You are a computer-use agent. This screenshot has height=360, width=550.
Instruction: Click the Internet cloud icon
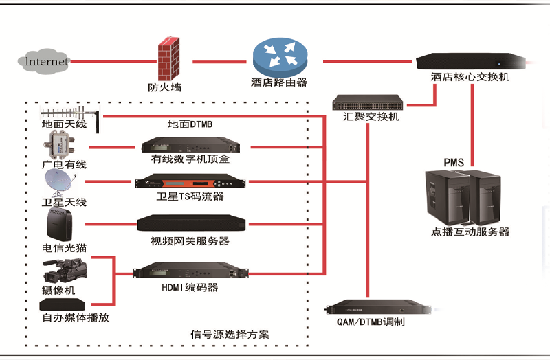(x=45, y=61)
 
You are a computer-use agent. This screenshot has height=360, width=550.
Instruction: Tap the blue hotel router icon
(x=278, y=56)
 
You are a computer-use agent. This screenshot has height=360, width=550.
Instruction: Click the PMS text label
(x=454, y=162)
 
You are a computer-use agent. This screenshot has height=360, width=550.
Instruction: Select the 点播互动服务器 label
(x=470, y=232)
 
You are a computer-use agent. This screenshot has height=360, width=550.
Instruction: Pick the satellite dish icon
(x=58, y=183)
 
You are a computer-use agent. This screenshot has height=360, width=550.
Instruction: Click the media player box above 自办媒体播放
(x=62, y=304)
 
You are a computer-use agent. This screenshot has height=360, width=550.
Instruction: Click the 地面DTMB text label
(x=190, y=124)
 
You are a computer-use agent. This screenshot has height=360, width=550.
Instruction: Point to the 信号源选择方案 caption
(x=230, y=335)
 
